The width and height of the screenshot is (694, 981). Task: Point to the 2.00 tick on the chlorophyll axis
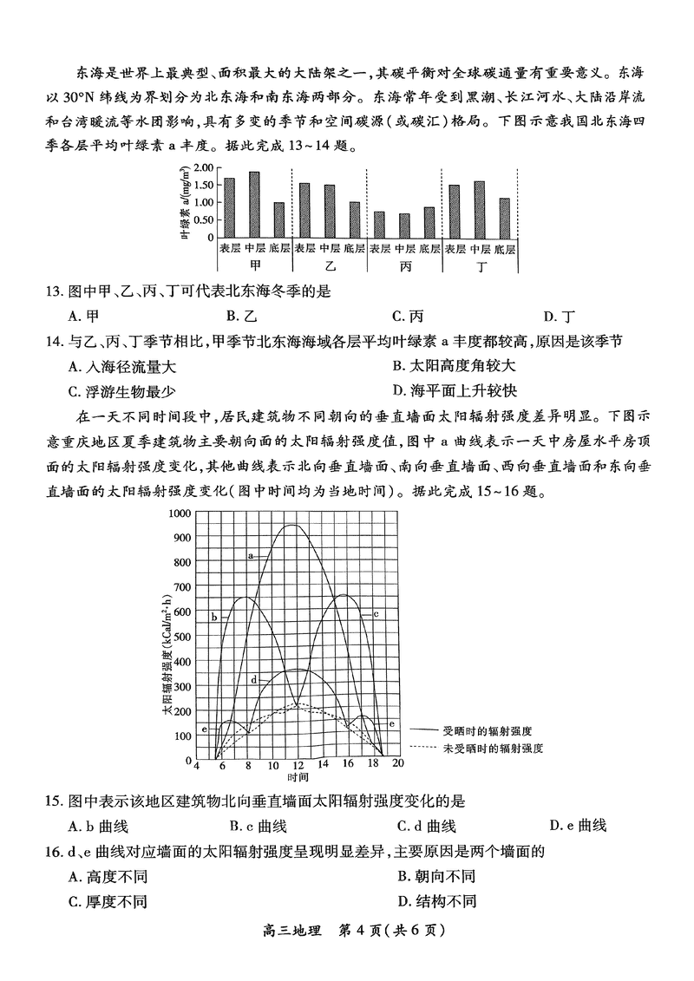pos(203,167)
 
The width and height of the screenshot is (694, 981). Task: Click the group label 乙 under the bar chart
pos(330,265)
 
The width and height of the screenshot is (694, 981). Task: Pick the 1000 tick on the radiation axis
pos(179,513)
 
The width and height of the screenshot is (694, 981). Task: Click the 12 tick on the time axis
pos(298,766)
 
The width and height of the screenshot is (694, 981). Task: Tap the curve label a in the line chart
pos(250,554)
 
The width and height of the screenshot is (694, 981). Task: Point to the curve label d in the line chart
pos(253,680)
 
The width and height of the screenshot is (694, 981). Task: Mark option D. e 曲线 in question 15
pos(578,825)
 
